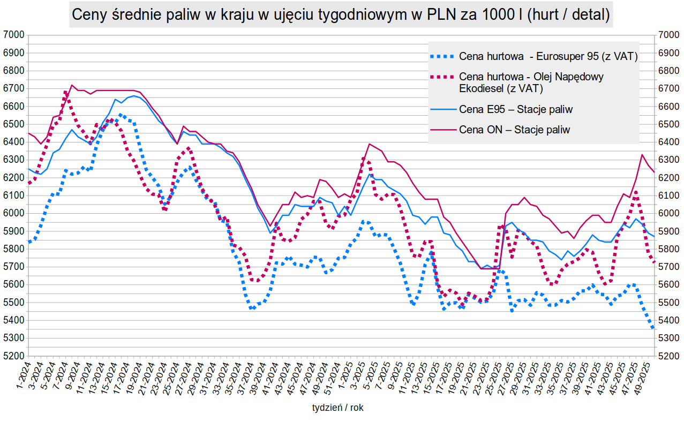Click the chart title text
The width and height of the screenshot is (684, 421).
coord(341,15)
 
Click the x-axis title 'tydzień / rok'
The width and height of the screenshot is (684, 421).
coord(337,408)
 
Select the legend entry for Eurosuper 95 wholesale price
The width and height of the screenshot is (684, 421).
coord(548,56)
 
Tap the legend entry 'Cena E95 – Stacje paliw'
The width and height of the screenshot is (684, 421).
coord(516,109)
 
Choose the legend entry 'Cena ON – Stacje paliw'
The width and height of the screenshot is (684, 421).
coord(514,130)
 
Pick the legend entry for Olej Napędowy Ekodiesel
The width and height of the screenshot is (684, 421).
coord(531,82)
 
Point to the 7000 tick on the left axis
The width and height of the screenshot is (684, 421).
coord(14,35)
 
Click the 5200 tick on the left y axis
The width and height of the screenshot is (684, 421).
coord(14,356)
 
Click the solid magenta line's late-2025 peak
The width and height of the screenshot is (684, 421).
coord(642,155)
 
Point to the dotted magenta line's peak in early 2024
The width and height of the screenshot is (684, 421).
coord(65,92)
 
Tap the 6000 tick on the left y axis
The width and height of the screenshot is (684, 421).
coord(14,214)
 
